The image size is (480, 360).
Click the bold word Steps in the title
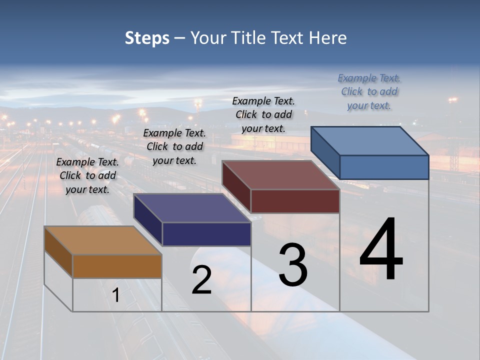coord(147,38)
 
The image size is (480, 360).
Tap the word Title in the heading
coord(247,38)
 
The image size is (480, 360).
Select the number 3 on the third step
coord(293,265)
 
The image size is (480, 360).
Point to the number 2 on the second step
coord(201,280)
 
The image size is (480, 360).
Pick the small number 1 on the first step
coord(116,295)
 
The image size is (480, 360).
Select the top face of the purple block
coord(192,208)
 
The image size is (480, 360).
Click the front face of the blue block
coord(384,167)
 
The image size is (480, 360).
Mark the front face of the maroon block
coord(295,201)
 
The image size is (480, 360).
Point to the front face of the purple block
coord(206,234)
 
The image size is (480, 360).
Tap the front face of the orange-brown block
coord(117,266)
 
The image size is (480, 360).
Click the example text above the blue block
coord(369,92)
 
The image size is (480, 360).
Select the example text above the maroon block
coord(263,114)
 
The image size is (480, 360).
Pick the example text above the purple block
coord(174,147)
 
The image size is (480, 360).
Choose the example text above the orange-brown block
coord(87,176)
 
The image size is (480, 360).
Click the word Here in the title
coord(327,38)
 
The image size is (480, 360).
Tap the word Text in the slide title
coord(287,38)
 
